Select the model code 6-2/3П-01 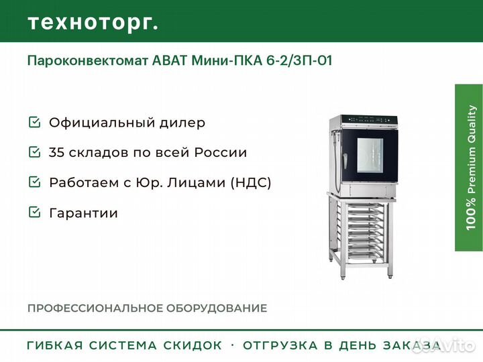click(x=299, y=60)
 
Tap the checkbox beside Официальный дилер click(x=34, y=122)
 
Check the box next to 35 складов click(x=34, y=152)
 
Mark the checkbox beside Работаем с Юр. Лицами click(x=34, y=182)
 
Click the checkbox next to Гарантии click(x=34, y=212)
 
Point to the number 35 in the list click(x=56, y=152)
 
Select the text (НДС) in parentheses click(x=251, y=182)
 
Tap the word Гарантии click(x=83, y=213)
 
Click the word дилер click(x=182, y=123)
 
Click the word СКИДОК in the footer click(x=193, y=345)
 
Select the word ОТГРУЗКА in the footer click(x=280, y=345)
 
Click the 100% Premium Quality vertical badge click(x=469, y=168)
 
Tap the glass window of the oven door click(x=370, y=156)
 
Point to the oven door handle click(x=345, y=161)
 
